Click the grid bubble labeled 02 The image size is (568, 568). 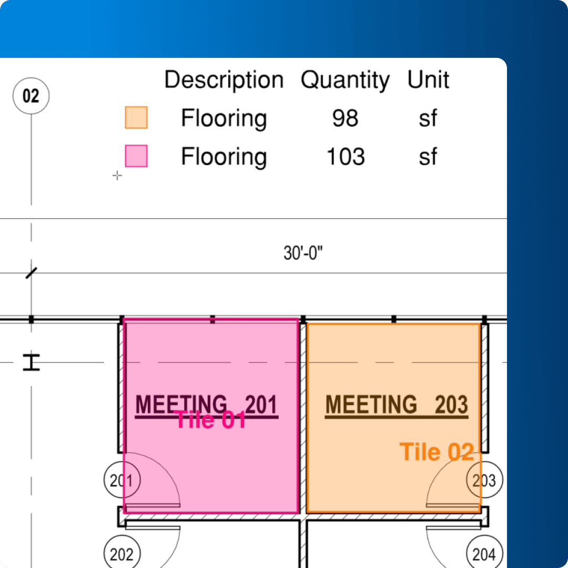pos(31,96)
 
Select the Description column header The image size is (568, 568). pos(224,80)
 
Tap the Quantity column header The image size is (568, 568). pos(345,80)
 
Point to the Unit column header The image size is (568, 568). pos(428,79)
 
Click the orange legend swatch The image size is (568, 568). pos(136,117)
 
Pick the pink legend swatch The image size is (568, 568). pos(136,156)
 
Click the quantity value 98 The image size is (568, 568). pos(345,118)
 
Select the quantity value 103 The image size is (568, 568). pos(346,157)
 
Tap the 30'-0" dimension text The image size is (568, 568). pos(303,253)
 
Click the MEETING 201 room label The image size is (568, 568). pos(207,404)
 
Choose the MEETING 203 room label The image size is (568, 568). pos(397,404)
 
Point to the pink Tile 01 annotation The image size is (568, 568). pos(210,420)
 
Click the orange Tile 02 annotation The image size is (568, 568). pos(437,452)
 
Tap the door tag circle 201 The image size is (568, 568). pos(122,480)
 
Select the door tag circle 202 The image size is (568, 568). pos(122,553)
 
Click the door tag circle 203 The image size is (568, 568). pos(485,480)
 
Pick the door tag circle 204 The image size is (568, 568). pos(485,553)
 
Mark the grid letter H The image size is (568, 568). pos(32,362)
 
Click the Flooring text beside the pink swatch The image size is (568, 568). pos(224,157)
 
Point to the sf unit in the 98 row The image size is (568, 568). pos(428,118)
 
